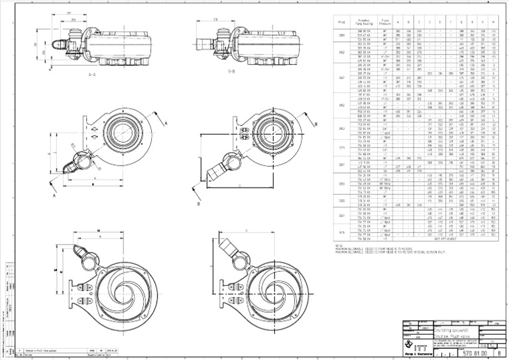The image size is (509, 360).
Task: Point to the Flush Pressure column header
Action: (x=385, y=21)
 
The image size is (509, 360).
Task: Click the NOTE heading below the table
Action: (x=340, y=244)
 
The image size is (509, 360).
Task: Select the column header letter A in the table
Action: (x=399, y=21)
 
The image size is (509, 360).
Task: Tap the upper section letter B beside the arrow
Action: (x=315, y=123)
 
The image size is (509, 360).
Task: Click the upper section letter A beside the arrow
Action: (x=166, y=123)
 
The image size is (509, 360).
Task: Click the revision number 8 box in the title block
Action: (x=498, y=354)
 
